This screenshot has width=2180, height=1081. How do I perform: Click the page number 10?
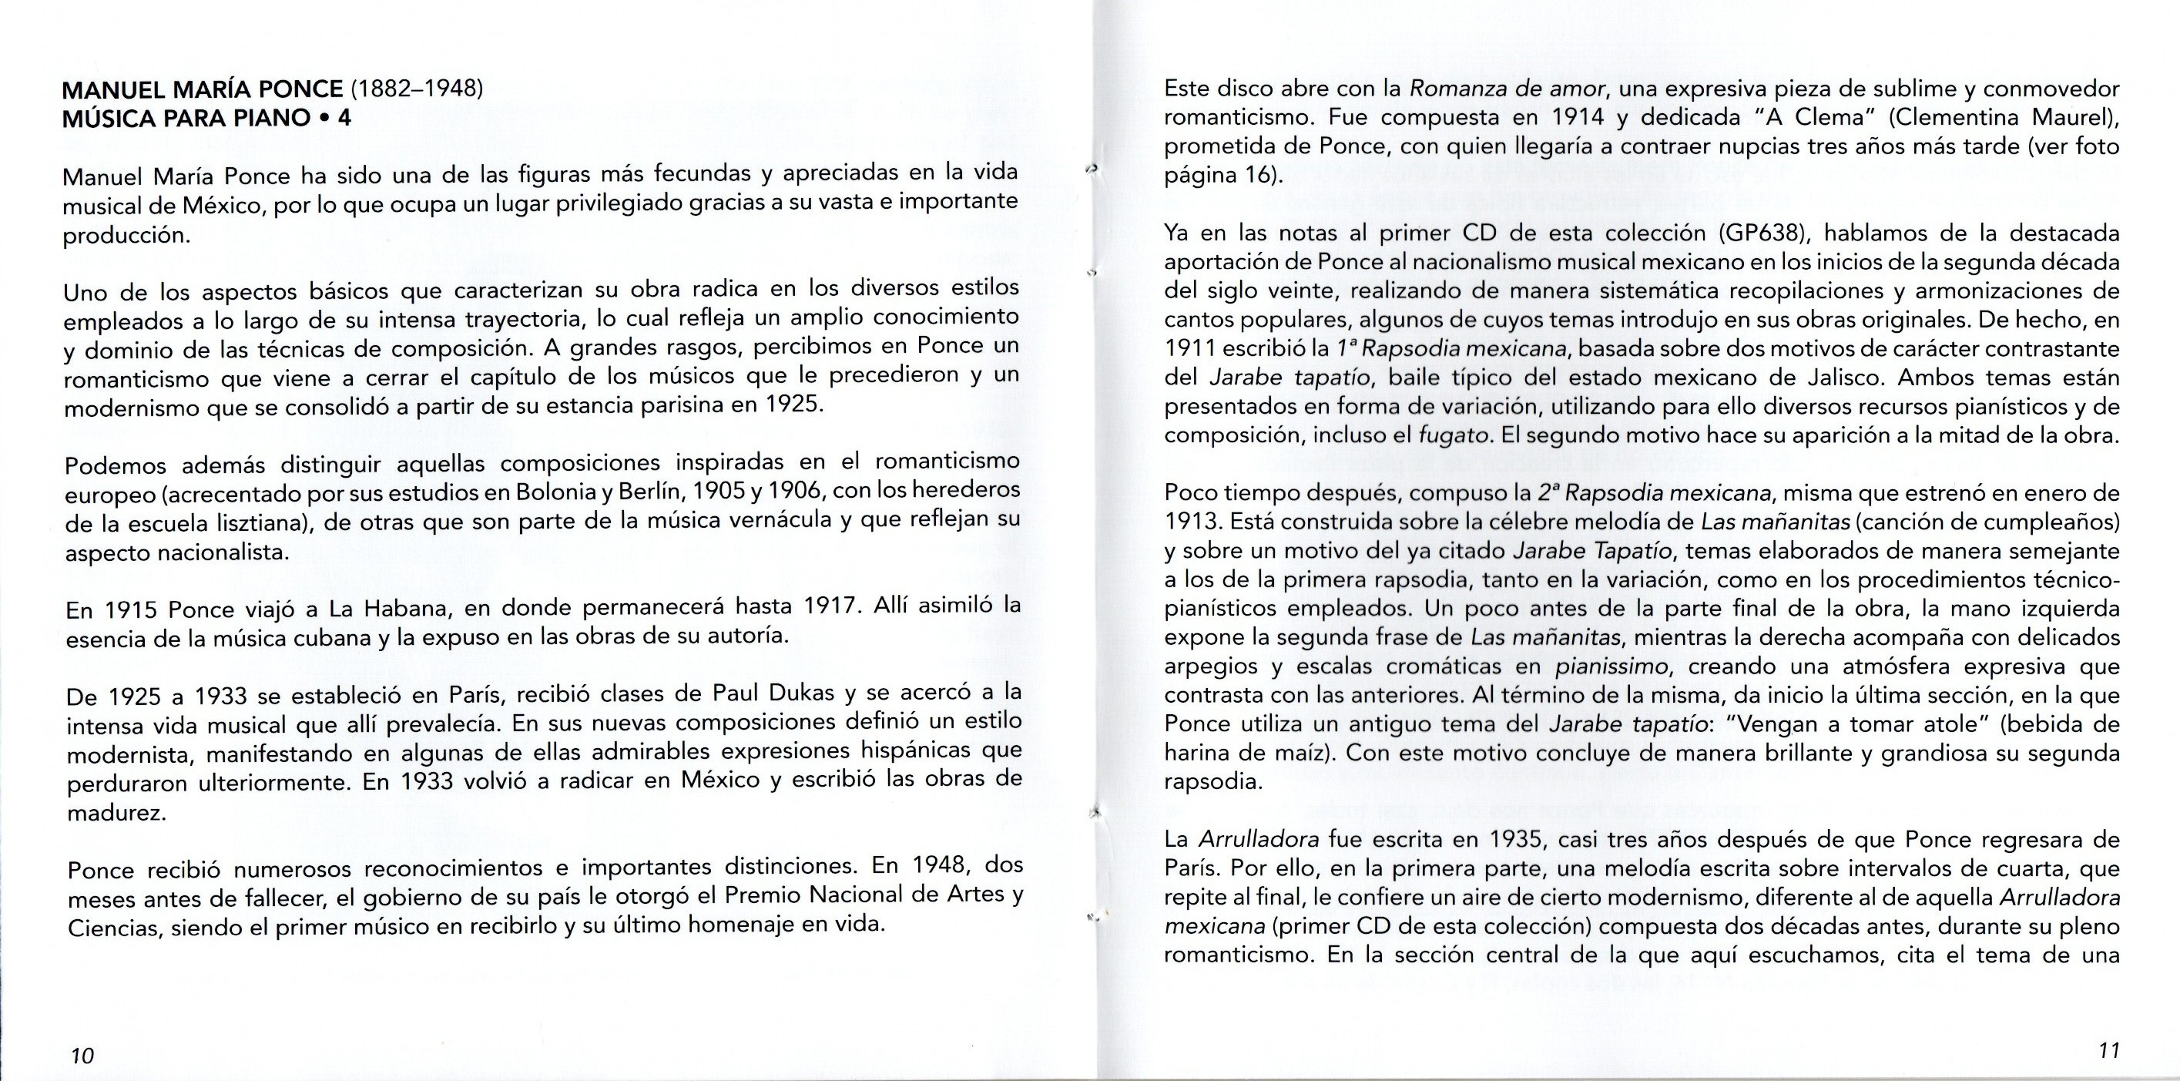click(x=82, y=1056)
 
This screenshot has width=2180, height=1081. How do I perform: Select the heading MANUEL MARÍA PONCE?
click(x=203, y=89)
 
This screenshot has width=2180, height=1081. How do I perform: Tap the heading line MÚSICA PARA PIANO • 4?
click(x=206, y=118)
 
